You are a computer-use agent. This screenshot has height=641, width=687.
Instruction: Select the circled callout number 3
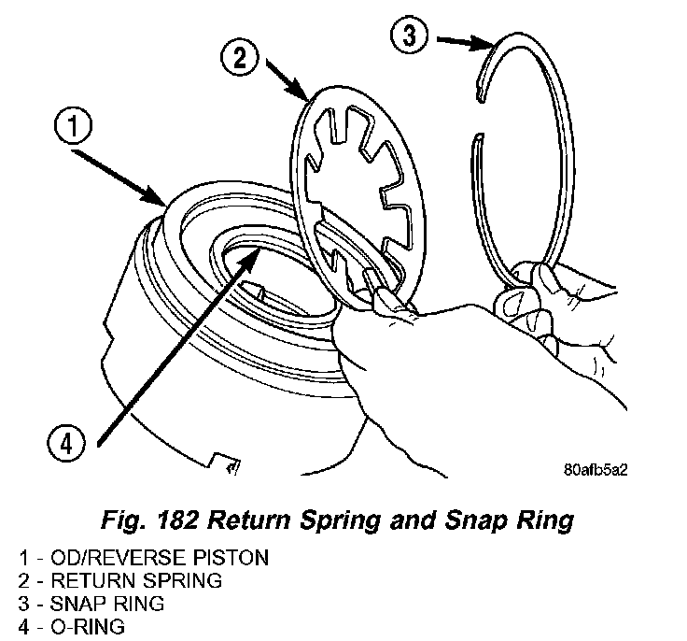click(x=408, y=37)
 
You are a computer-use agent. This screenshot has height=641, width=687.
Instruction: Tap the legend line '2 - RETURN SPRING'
click(x=119, y=581)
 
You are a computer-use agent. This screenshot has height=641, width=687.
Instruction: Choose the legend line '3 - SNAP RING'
click(x=91, y=604)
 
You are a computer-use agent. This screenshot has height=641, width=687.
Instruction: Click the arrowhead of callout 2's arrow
click(x=307, y=98)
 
